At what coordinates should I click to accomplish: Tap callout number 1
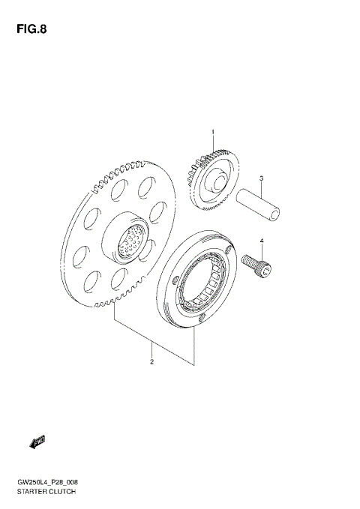pyautogui.click(x=212, y=132)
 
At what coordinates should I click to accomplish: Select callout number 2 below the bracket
pyautogui.click(x=151, y=363)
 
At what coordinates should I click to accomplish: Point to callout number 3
pyautogui.click(x=260, y=178)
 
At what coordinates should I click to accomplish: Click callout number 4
pyautogui.click(x=262, y=241)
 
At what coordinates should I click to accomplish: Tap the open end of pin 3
pyautogui.click(x=276, y=215)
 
